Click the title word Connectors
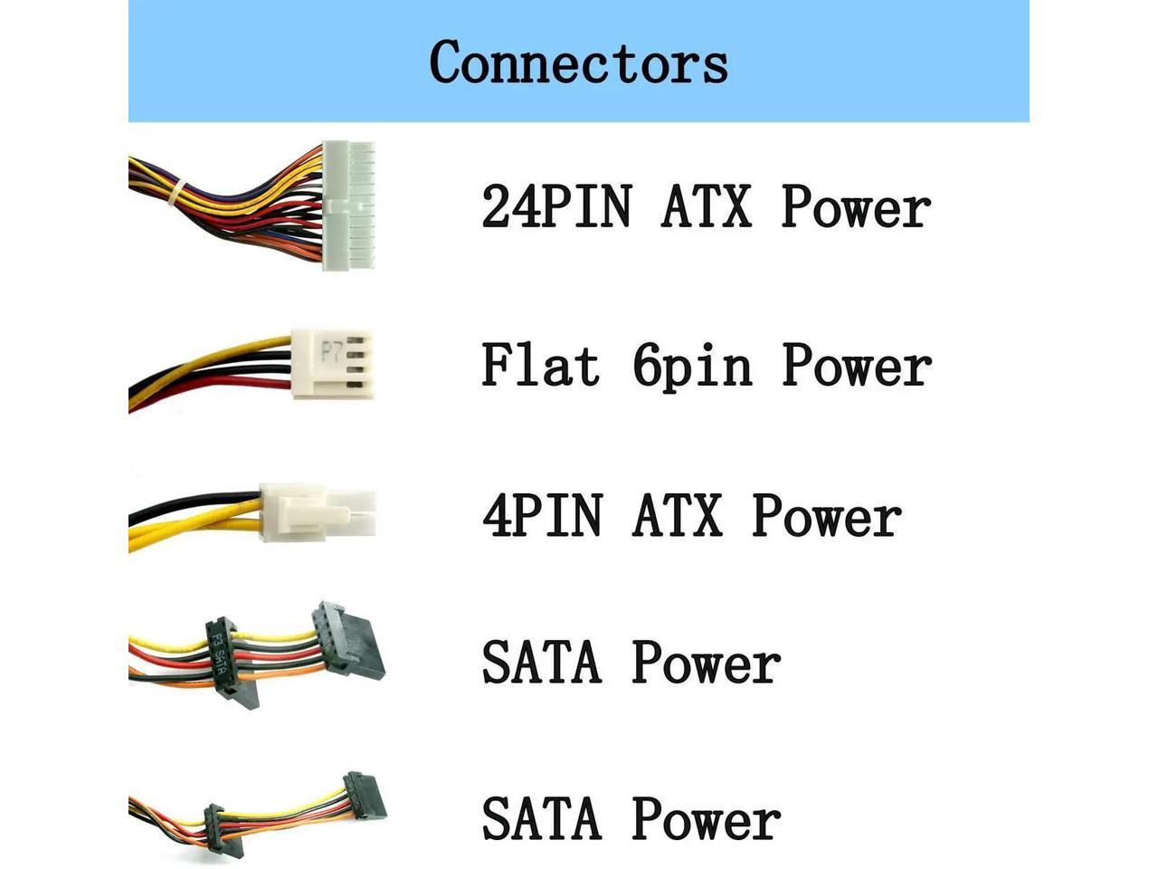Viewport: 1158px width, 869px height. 578,62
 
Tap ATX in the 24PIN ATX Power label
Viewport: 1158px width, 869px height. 706,206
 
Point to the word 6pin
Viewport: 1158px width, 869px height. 692,367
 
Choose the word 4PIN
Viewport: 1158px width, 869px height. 542,516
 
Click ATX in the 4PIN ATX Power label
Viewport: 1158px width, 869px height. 677,516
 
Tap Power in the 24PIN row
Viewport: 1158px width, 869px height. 856,206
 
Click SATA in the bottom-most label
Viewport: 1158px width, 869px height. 541,818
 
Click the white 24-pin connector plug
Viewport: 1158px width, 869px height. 348,205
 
